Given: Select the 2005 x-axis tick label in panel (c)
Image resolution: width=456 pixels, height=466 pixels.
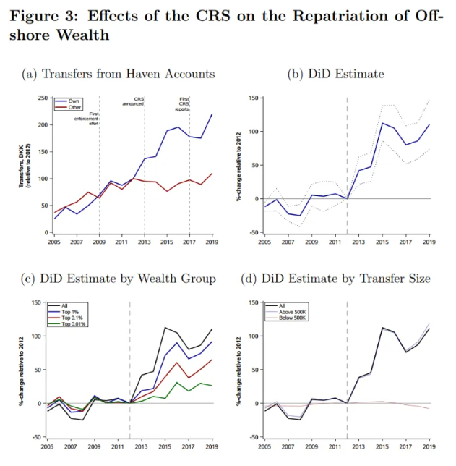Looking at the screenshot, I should pyautogui.click(x=48, y=447).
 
